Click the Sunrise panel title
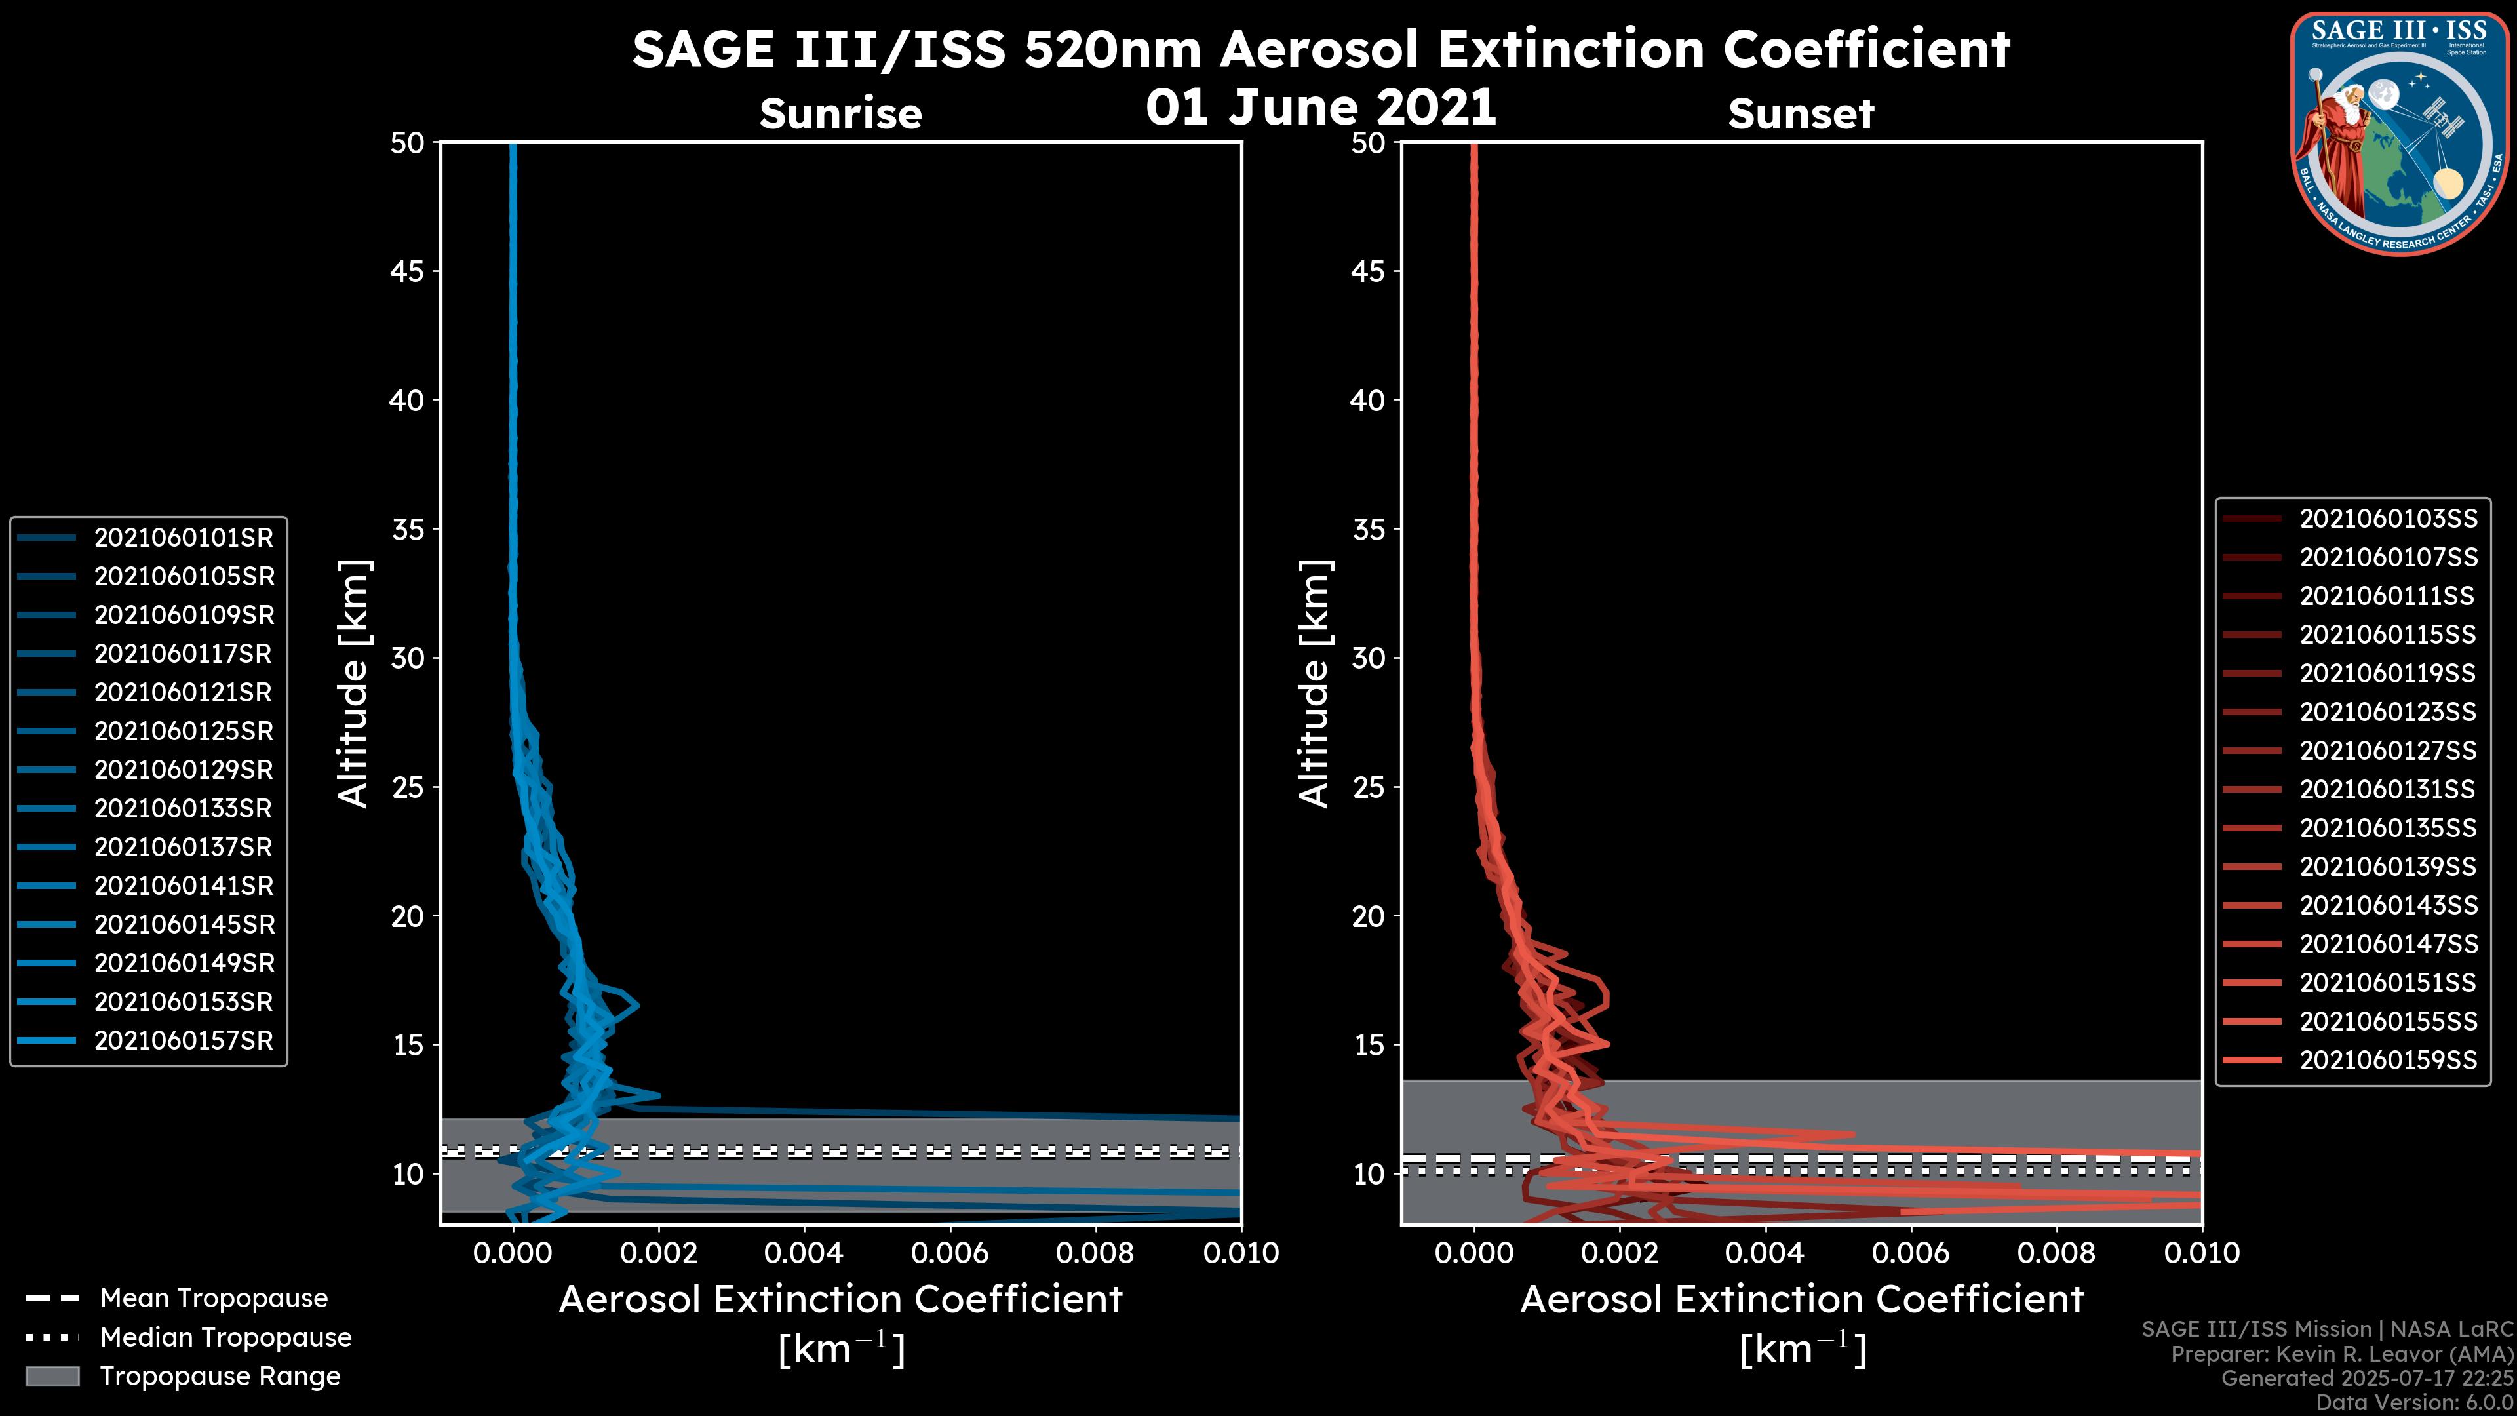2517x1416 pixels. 840,113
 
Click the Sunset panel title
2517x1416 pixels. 1801,113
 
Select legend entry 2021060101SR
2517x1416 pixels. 184,538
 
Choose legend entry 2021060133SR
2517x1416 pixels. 184,808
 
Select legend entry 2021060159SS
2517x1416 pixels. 2388,1059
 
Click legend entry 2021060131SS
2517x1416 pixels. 2388,789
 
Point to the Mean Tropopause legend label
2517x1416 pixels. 214,1298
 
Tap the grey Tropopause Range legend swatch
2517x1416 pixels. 52,1376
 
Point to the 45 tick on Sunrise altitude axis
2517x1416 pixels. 408,271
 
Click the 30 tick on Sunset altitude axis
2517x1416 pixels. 1369,658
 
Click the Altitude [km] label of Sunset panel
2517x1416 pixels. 1314,683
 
